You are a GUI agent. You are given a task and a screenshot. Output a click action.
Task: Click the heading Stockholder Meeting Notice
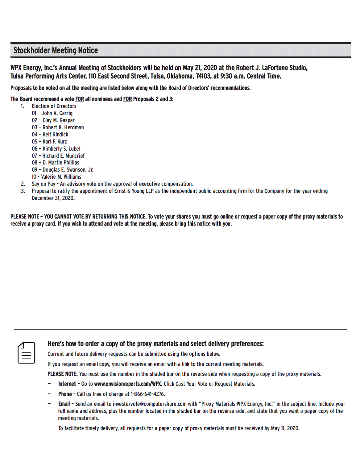coord(56,51)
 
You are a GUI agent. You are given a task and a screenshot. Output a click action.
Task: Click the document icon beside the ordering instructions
coord(26,353)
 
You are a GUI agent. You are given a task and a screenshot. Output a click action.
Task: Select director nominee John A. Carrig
coord(57,113)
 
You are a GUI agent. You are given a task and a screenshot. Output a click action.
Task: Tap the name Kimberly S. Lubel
coord(61,149)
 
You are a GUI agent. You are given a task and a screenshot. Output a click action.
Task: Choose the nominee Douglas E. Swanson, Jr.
coord(68,170)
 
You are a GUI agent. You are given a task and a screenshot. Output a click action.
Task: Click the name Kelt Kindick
coord(55,135)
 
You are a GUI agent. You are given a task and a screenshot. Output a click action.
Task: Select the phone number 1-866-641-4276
coord(147,394)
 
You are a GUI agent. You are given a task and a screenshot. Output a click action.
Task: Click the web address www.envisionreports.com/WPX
coord(127,384)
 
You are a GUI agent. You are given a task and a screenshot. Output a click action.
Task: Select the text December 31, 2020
coord(53,198)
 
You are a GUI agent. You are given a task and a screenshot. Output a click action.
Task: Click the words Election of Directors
coord(54,106)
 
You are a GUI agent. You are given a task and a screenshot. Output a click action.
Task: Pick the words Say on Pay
coord(43,184)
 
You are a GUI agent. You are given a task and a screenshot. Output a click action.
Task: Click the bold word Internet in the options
coord(67,384)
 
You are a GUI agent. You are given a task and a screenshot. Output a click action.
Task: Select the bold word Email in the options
coord(64,404)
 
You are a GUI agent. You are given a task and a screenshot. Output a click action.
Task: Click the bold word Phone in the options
coord(65,394)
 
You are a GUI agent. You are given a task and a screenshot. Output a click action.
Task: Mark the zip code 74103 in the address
coord(203,76)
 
